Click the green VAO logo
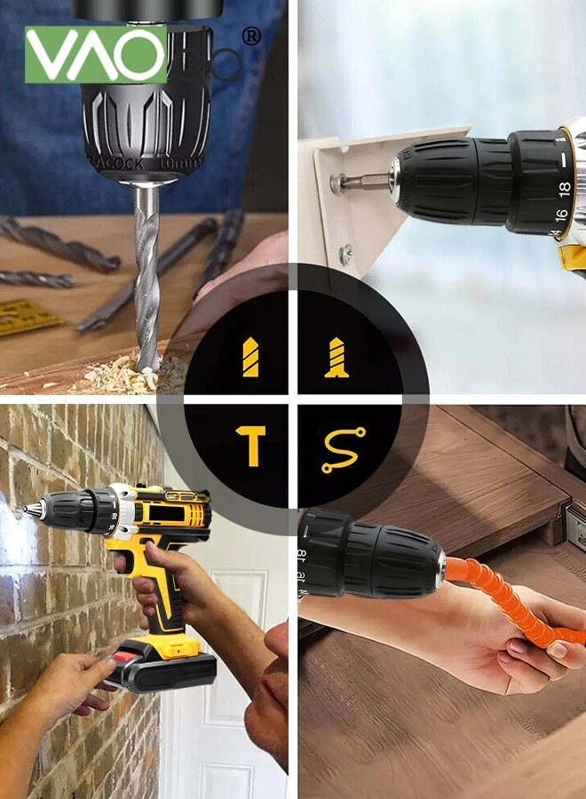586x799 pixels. (x=95, y=55)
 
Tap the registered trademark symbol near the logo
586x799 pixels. (x=251, y=36)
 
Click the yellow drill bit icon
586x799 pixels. (x=250, y=356)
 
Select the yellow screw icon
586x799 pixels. (x=337, y=357)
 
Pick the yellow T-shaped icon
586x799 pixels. (x=251, y=445)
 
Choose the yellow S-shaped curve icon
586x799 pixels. (x=342, y=449)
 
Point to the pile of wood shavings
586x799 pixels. (x=133, y=374)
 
